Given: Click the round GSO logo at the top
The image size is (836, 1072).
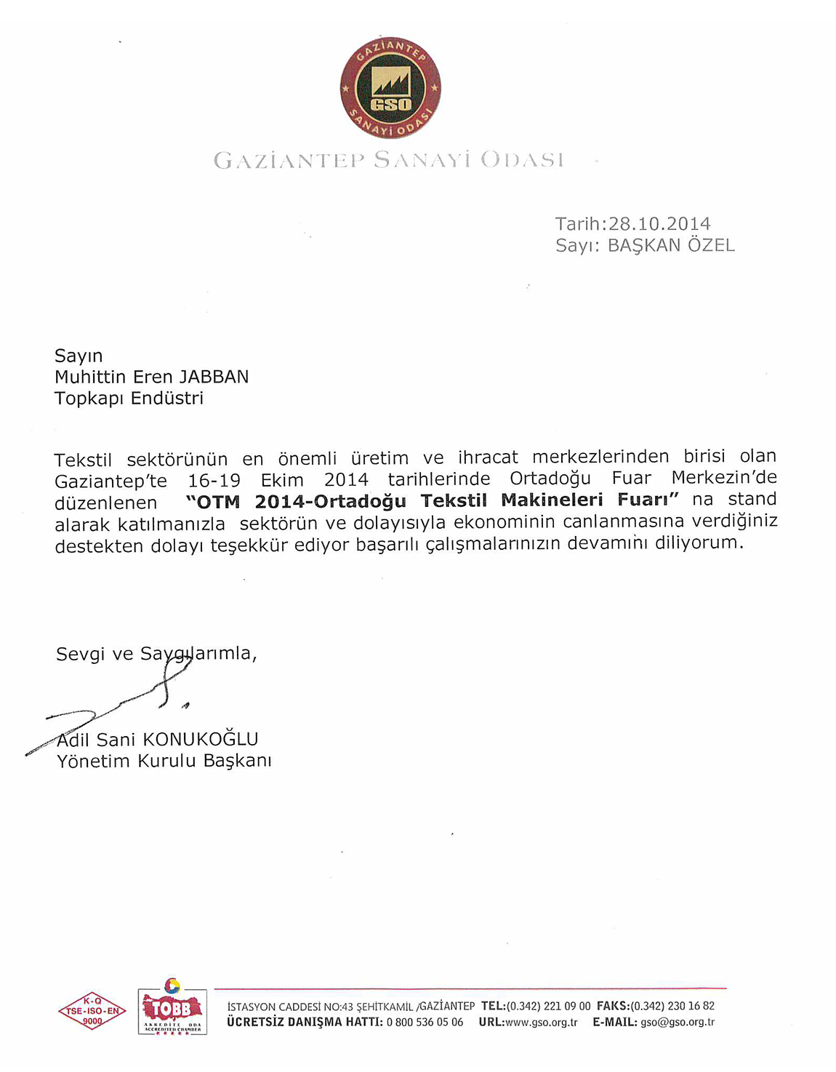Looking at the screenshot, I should [390, 88].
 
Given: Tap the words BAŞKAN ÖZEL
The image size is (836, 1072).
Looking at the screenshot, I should [671, 245].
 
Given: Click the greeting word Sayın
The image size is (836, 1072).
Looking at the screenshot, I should [79, 356].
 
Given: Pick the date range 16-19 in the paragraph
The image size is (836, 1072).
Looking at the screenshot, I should [214, 481].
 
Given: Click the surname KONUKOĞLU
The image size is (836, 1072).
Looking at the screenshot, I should [201, 740].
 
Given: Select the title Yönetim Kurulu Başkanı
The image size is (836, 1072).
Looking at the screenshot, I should [164, 761].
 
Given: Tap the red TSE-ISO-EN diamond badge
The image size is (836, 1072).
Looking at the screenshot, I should [92, 1011].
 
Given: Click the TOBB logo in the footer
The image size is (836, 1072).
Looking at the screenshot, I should [172, 1008].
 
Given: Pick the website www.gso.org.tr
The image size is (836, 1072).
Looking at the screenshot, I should [541, 1023].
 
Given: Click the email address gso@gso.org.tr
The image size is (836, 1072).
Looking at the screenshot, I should [678, 1023].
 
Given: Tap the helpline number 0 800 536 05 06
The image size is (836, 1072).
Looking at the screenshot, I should [425, 1023].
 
